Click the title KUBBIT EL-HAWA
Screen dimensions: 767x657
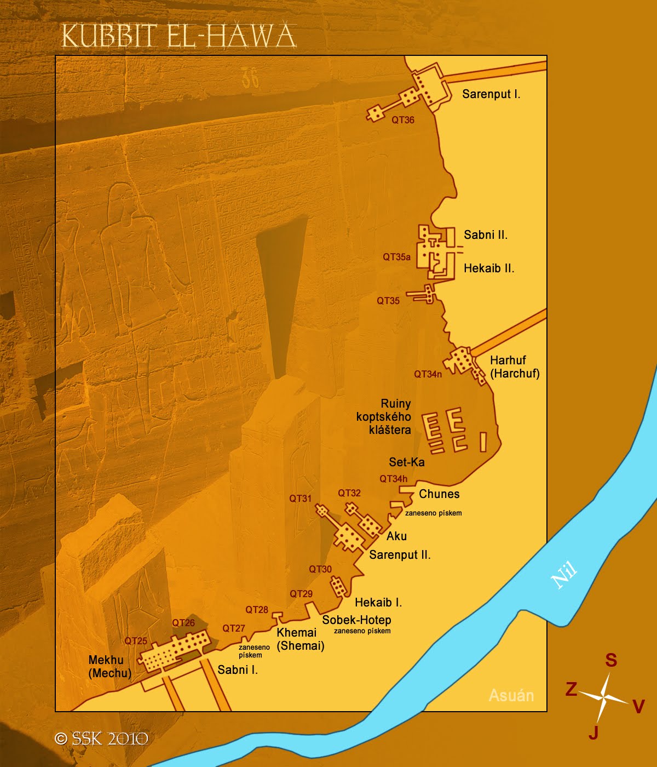click(178, 37)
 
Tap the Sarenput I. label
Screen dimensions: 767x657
click(491, 94)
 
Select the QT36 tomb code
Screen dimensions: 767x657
click(402, 120)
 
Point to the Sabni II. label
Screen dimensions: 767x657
click(485, 235)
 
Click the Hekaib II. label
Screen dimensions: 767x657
click(488, 268)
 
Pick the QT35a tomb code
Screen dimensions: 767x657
click(396, 257)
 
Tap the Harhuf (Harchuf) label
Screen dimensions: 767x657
click(514, 367)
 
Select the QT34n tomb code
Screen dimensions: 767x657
click(428, 374)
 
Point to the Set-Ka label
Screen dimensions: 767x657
click(406, 462)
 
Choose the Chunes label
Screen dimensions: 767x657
click(439, 494)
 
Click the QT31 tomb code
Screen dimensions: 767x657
click(300, 499)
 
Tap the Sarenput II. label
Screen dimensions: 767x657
click(400, 554)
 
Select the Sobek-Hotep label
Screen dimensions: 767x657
click(356, 620)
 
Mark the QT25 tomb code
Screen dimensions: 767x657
click(135, 641)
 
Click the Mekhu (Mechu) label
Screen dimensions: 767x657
click(109, 667)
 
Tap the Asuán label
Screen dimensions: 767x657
click(511, 695)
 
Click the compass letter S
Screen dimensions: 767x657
click(610, 660)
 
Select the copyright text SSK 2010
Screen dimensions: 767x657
click(102, 739)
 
